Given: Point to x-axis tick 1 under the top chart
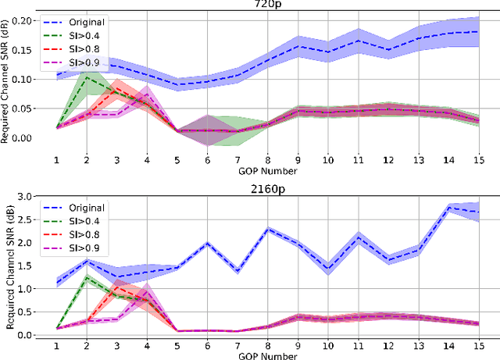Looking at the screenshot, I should (56, 160).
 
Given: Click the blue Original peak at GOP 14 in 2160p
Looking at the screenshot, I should (450, 207).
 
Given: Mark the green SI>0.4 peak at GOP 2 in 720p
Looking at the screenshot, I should (87, 77).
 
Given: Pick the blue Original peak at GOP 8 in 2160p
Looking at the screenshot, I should (268, 228).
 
